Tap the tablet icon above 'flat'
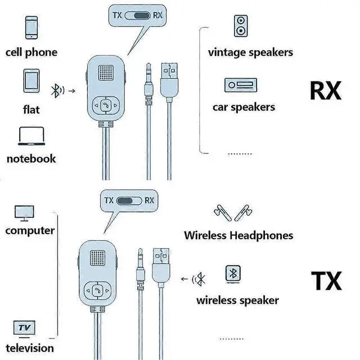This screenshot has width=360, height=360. [x=31, y=82]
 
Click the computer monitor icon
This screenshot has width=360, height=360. [x=24, y=213]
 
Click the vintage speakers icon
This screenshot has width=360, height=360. [x=240, y=26]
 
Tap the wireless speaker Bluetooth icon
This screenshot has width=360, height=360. [x=233, y=273]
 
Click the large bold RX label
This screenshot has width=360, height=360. [x=326, y=91]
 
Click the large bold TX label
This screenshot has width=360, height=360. [x=326, y=280]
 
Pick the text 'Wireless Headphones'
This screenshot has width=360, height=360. [x=238, y=235]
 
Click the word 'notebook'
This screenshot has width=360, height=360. [x=31, y=159]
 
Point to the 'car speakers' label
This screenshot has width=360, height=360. [x=244, y=107]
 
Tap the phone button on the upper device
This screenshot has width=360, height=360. [x=106, y=105]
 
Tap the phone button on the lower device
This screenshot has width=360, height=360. [x=98, y=291]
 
